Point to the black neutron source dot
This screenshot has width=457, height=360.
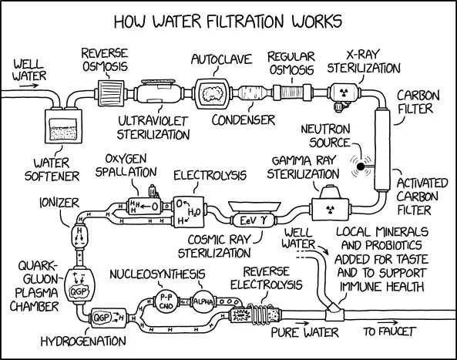358,163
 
